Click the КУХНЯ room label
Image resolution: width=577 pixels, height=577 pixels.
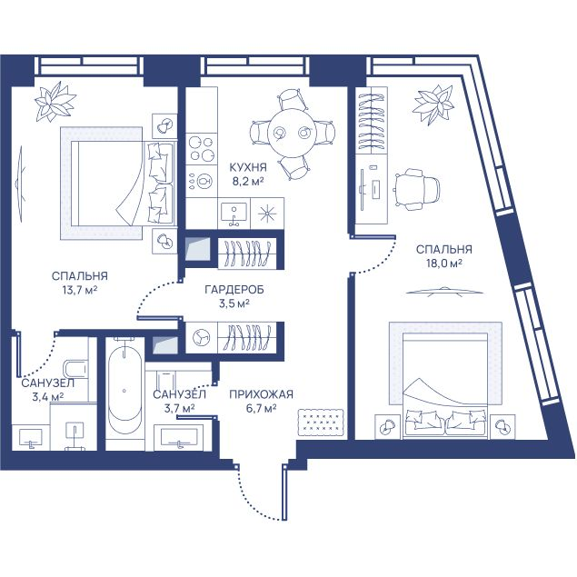click(x=248, y=167)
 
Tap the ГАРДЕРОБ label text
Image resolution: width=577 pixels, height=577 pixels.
click(x=234, y=290)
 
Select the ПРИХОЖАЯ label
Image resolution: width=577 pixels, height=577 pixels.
click(x=262, y=394)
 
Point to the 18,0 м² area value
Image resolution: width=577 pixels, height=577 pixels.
click(x=444, y=264)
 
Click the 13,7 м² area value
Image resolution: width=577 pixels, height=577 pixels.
click(x=79, y=291)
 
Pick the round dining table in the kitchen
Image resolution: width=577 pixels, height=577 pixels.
click(x=291, y=133)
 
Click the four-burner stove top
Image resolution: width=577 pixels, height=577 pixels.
click(x=201, y=149)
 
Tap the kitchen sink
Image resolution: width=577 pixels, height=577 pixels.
click(x=234, y=214)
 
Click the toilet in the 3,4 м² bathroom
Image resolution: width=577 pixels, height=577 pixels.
click(x=75, y=369)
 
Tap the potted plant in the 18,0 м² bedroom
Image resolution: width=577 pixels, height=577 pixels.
click(x=433, y=104)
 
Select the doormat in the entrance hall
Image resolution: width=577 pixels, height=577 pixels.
click(x=321, y=423)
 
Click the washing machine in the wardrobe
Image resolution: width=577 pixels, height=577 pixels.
click(x=202, y=337)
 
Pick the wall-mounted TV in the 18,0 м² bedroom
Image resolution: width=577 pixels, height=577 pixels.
click(x=444, y=291)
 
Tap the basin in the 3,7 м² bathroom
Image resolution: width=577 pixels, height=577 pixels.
click(x=178, y=438)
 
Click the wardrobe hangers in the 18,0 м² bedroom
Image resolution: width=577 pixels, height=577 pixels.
click(x=372, y=120)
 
